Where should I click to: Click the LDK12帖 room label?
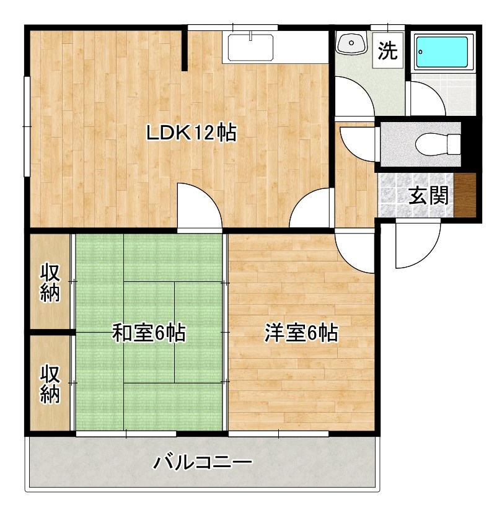pyautogui.click(x=191, y=133)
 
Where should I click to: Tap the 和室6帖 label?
pyautogui.click(x=149, y=333)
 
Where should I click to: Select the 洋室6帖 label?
pyautogui.click(x=301, y=333)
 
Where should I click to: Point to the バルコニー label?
pyautogui.click(x=203, y=462)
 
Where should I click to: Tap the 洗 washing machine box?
pyautogui.click(x=388, y=50)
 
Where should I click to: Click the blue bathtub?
pyautogui.click(x=441, y=52)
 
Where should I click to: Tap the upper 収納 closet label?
pyautogui.click(x=51, y=283)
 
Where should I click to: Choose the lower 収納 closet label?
pyautogui.click(x=51, y=384)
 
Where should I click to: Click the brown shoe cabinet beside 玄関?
pyautogui.click(x=465, y=196)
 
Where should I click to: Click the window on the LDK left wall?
pyautogui.click(x=27, y=126)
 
